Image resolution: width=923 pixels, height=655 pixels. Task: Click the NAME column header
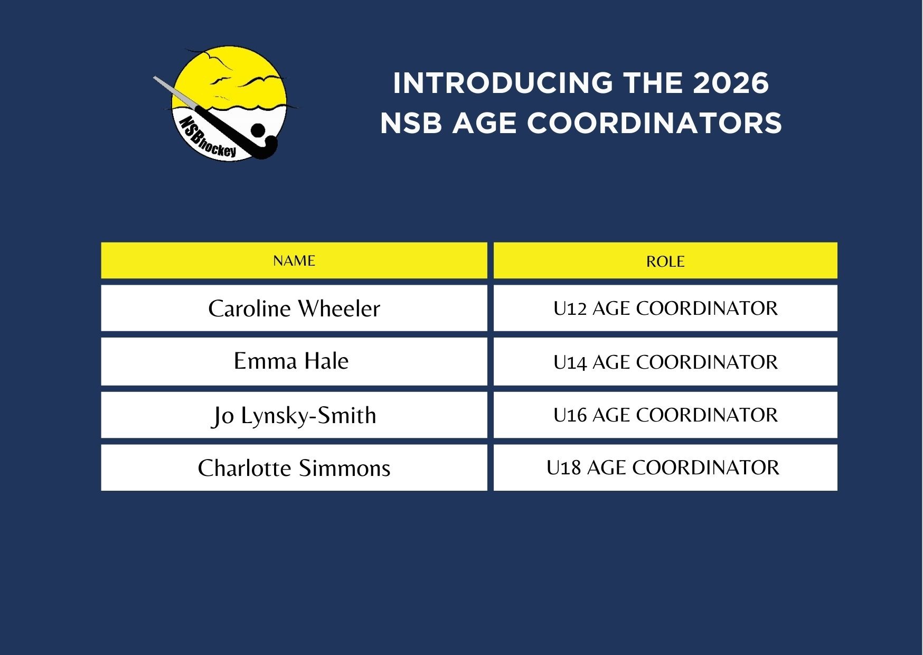click(294, 260)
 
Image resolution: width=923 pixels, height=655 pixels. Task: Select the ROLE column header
click(665, 260)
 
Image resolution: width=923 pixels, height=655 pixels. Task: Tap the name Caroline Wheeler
click(294, 308)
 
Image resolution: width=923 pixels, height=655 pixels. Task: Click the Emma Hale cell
click(294, 361)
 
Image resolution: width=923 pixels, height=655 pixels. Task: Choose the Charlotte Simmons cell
click(294, 467)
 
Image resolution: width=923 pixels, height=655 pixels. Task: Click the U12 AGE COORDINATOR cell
click(665, 308)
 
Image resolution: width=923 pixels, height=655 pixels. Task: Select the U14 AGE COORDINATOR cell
click(665, 361)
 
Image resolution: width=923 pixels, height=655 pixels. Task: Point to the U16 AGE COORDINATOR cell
click(665, 415)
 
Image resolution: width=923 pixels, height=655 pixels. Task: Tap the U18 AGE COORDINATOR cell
click(665, 467)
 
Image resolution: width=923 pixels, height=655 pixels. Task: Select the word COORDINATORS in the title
click(654, 123)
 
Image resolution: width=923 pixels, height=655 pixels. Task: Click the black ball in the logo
click(258, 130)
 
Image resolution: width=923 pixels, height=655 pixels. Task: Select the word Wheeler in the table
click(339, 308)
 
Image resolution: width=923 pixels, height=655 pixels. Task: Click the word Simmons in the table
click(344, 468)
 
